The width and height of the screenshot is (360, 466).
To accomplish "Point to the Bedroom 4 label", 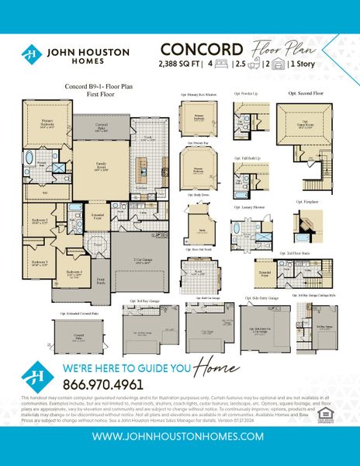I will click(x=75, y=273).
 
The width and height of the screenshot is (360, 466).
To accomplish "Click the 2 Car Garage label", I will click(x=142, y=262).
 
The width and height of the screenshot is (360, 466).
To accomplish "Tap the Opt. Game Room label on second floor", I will click(x=304, y=126).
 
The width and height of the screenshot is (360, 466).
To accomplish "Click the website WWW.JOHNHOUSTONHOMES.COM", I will click(x=179, y=436).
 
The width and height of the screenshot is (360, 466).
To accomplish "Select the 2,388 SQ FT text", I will click(x=181, y=62).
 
